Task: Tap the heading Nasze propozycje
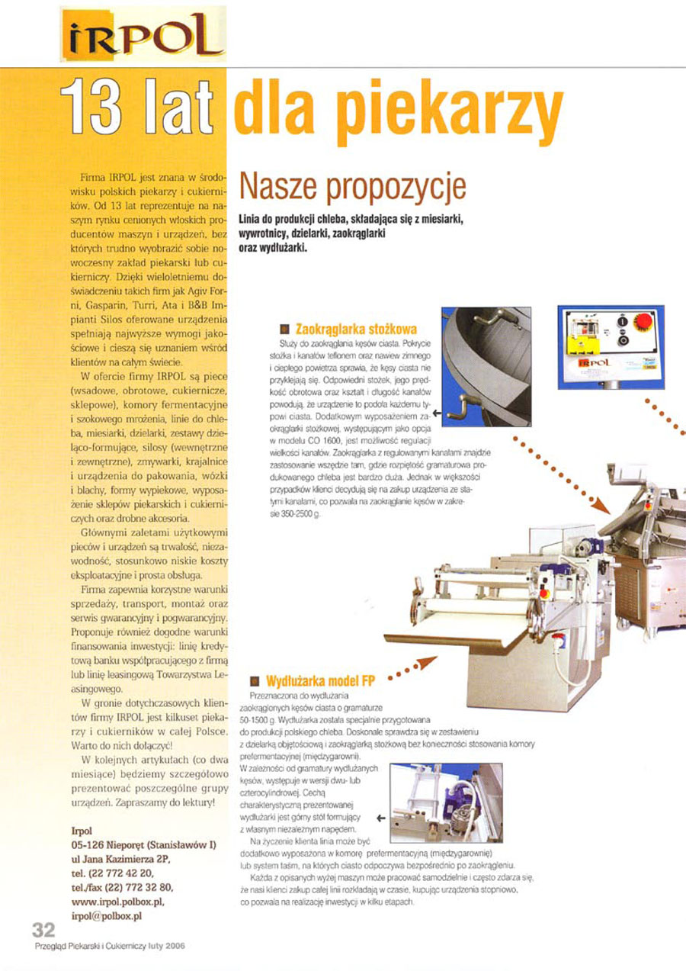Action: point(352,186)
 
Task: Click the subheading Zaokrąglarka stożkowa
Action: point(355,330)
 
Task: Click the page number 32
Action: point(43,930)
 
